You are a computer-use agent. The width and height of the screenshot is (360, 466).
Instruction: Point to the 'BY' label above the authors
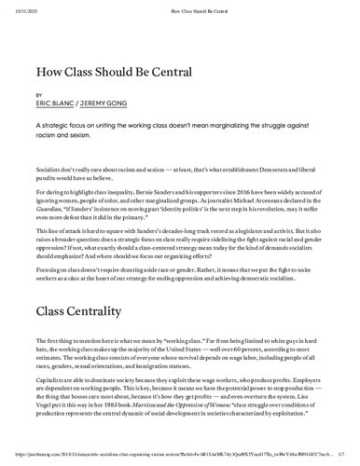38,95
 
